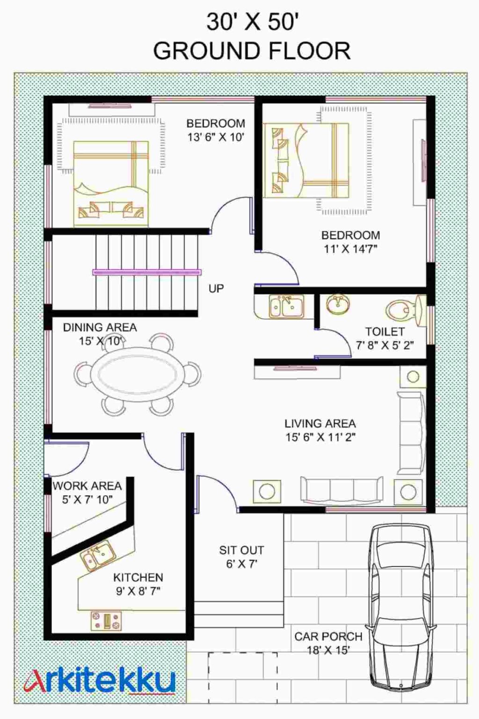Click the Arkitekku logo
coord(100,681)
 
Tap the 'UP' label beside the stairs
coord(216,288)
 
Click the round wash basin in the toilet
coord(337,304)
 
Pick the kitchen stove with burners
coord(106,621)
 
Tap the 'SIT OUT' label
coord(241,550)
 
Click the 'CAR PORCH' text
coord(328,637)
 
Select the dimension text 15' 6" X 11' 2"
coord(320,437)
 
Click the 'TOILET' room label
coord(385,331)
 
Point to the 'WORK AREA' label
coord(87,486)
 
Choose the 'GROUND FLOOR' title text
coord(252,51)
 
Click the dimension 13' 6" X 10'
coord(216,137)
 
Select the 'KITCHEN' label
coord(138,577)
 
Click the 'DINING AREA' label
coord(100,327)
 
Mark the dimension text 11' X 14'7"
coord(350,249)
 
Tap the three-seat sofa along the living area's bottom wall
coord(341,491)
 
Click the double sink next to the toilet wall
coord(286,307)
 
